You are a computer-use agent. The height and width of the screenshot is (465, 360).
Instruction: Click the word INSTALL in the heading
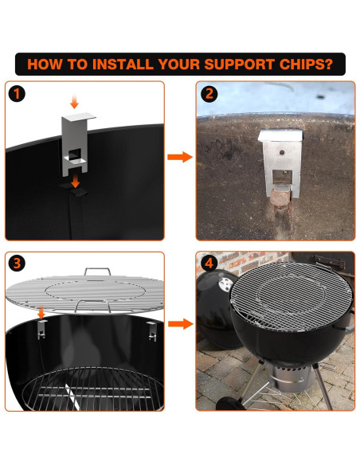(122, 64)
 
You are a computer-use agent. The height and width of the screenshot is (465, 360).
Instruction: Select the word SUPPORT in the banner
(239, 64)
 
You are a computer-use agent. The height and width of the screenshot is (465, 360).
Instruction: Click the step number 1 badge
(17, 94)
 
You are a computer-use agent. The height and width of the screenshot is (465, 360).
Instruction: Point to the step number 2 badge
(209, 94)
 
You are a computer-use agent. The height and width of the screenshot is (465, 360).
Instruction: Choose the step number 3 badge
(17, 264)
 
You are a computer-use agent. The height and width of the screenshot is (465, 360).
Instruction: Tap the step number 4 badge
(209, 264)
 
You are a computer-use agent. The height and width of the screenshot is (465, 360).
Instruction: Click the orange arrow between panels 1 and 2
(180, 157)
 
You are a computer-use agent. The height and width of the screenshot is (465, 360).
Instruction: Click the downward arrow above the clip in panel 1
(74, 102)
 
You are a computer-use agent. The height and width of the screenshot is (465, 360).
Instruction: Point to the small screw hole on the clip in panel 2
(282, 152)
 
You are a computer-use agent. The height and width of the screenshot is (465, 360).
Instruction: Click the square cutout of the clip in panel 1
(75, 154)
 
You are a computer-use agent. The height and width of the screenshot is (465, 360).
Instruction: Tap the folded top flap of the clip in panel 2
(280, 135)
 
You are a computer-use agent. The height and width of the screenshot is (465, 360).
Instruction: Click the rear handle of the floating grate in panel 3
(97, 271)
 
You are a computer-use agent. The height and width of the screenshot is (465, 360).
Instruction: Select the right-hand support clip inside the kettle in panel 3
(152, 330)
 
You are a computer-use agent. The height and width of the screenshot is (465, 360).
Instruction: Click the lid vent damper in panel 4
(226, 285)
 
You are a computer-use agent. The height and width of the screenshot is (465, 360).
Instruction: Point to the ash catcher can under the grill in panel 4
(291, 377)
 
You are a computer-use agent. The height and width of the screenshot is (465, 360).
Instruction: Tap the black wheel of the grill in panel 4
(230, 404)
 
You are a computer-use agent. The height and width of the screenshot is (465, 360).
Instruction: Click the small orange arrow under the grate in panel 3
(41, 313)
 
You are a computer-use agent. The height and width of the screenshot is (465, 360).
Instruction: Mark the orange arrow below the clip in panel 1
(76, 182)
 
